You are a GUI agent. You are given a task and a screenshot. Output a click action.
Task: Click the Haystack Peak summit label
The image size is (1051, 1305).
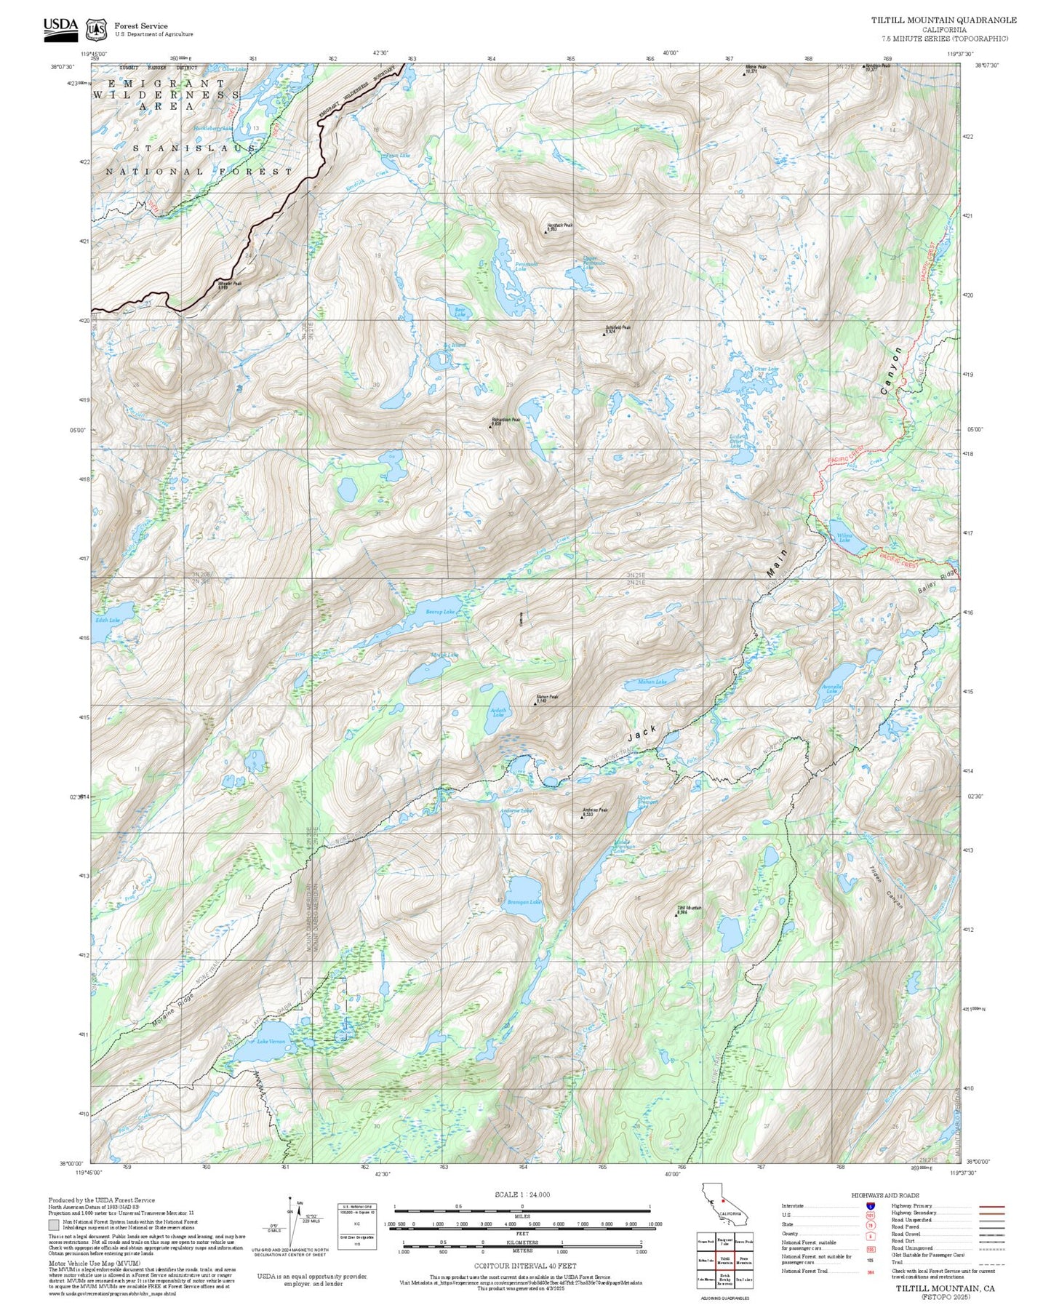coord(559,226)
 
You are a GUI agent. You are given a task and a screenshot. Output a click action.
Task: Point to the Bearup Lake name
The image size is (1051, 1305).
coord(441,612)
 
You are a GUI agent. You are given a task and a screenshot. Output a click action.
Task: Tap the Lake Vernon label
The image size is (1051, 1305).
coord(271,1042)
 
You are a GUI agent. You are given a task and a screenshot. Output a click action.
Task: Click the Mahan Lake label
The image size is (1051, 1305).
coord(652,682)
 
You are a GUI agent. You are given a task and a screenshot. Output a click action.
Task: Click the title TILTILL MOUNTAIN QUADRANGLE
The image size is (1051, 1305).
coord(943,20)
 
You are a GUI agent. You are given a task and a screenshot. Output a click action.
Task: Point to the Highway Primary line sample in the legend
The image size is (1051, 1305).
coord(992,1205)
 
